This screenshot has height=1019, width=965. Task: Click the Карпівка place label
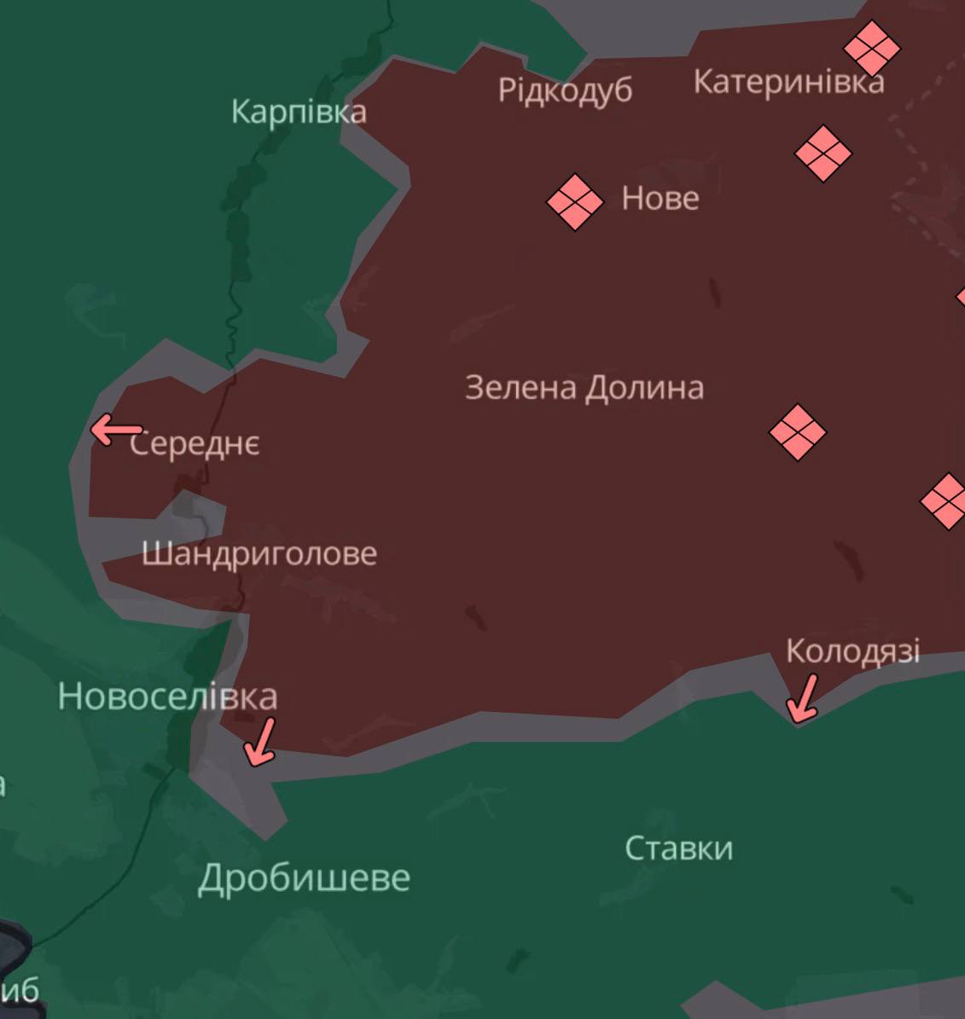click(x=299, y=112)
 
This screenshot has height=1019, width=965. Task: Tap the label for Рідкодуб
click(x=565, y=90)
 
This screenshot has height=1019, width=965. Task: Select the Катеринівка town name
click(x=788, y=82)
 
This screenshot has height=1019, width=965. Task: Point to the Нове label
click(x=660, y=199)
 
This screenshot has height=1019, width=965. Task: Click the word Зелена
click(x=520, y=388)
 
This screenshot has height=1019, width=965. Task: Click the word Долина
click(x=644, y=388)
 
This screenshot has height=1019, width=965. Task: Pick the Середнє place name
click(x=195, y=444)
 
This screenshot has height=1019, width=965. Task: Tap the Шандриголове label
click(x=259, y=553)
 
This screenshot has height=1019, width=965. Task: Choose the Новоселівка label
click(x=167, y=697)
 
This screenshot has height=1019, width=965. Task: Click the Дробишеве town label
click(x=304, y=877)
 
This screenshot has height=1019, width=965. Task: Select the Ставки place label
click(x=678, y=848)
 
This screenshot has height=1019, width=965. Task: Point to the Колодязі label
click(x=852, y=651)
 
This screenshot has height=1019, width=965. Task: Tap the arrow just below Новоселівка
click(x=260, y=740)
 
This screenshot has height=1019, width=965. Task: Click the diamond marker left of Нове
click(x=574, y=202)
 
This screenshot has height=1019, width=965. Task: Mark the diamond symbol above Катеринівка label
click(x=872, y=48)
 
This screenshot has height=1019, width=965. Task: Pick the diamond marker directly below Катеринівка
click(x=823, y=153)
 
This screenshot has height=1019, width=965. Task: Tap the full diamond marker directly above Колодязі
click(x=797, y=432)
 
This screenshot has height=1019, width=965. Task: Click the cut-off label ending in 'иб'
click(x=21, y=991)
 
